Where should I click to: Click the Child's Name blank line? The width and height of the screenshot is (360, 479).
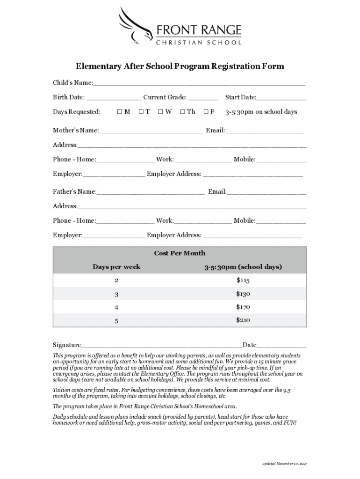tap(199, 84)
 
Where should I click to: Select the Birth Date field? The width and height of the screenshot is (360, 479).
tap(113, 99)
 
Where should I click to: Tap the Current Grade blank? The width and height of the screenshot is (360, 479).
tap(203, 99)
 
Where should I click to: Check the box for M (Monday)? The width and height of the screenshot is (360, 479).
tap(120, 112)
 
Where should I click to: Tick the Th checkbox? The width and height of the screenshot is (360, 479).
tap(183, 112)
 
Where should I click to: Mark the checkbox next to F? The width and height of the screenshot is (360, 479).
tap(206, 112)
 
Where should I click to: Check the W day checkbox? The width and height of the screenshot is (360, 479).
tap(160, 112)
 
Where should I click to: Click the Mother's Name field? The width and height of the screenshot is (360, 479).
tap(151, 131)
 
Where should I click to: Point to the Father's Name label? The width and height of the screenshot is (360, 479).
tap(74, 192)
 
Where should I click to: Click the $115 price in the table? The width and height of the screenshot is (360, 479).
tap(243, 281)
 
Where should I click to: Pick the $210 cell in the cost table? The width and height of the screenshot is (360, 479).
tap(243, 320)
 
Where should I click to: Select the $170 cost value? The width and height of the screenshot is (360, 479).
tap(243, 307)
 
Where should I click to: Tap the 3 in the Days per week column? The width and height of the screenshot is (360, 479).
tap(116, 294)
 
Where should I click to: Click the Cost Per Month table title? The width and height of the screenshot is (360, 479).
tap(180, 253)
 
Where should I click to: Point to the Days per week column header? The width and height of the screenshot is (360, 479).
tap(116, 267)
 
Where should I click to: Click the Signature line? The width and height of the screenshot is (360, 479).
tap(161, 346)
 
